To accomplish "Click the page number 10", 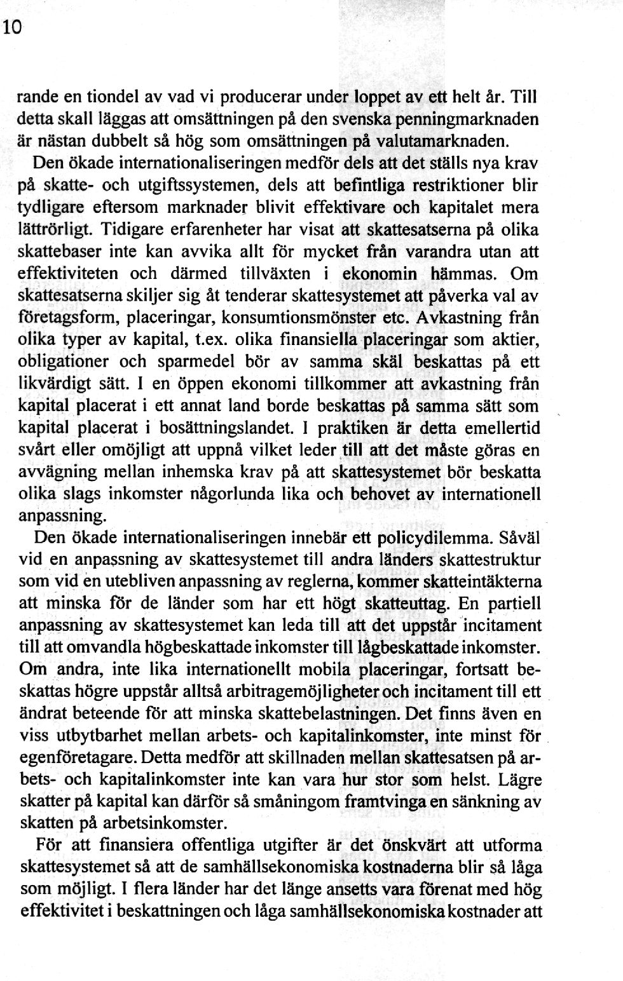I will click(12, 28).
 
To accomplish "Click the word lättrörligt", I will click(57, 229).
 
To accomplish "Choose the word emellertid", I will click(502, 428).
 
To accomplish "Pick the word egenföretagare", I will click(78, 757).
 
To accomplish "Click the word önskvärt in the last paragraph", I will click(414, 846).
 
